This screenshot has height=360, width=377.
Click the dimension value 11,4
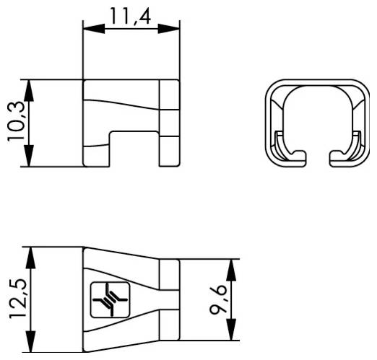click(x=131, y=16)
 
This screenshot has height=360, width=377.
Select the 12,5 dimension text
click(x=17, y=300)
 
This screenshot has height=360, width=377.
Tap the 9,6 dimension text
click(x=218, y=299)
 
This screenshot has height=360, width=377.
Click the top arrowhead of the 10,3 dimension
click(x=30, y=84)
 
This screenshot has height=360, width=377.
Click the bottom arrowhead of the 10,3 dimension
click(x=30, y=161)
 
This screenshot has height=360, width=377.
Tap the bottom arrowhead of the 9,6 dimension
click(x=230, y=334)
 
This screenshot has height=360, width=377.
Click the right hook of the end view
click(x=340, y=154)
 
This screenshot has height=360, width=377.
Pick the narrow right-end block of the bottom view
click(x=168, y=300)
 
